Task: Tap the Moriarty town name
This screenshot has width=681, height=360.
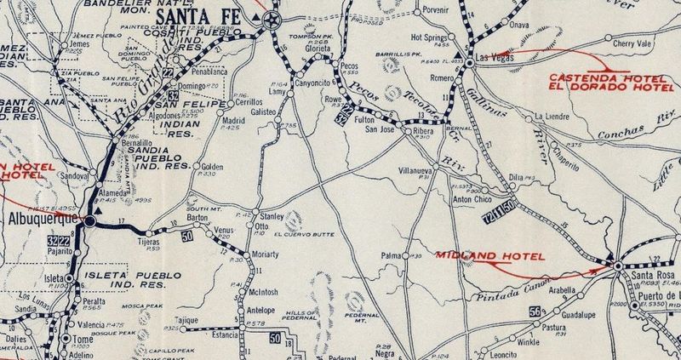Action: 268,255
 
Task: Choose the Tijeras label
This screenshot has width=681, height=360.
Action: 151,241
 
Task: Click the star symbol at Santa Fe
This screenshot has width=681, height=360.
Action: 273,20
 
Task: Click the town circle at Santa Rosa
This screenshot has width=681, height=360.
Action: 617,267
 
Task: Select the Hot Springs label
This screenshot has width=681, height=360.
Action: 428,37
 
